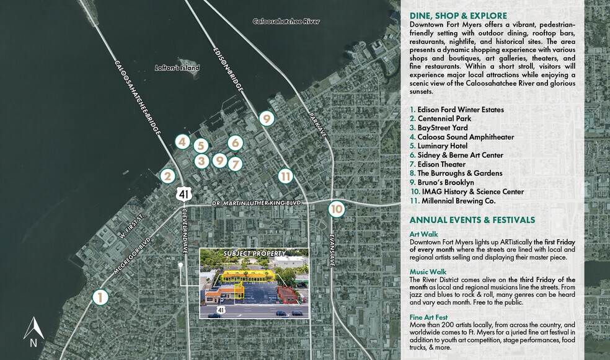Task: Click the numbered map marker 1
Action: pyautogui.click(x=100, y=297)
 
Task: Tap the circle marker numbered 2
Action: pyautogui.click(x=166, y=176)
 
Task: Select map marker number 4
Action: pyautogui.click(x=182, y=141)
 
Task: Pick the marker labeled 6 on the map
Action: pyautogui.click(x=234, y=143)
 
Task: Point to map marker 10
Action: pyautogui.click(x=336, y=209)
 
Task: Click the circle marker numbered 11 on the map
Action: pyautogui.click(x=285, y=176)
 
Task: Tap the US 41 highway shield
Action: pyautogui.click(x=183, y=194)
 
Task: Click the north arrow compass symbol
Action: pyautogui.click(x=33, y=331)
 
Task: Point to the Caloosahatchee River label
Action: pyautogui.click(x=285, y=21)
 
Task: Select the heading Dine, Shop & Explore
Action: pyautogui.click(x=458, y=15)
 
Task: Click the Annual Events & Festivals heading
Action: pyautogui.click(x=472, y=220)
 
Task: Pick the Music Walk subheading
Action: pyautogui.click(x=428, y=272)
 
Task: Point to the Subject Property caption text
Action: pyautogui.click(x=254, y=254)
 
